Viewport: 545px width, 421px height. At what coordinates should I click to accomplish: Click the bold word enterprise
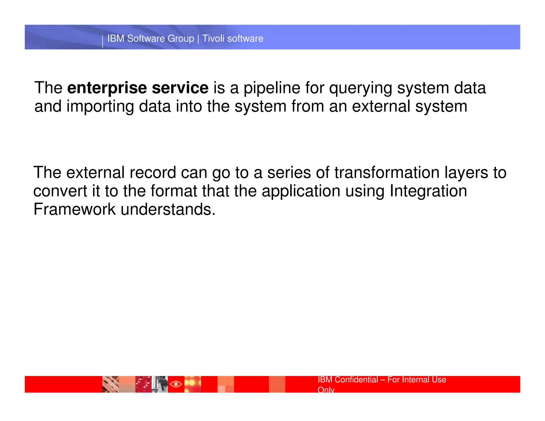point(107,88)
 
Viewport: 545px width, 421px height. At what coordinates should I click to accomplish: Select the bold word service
point(180,88)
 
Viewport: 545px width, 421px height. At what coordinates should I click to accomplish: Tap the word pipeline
point(272,88)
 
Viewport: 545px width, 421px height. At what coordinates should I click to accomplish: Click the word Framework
point(75,209)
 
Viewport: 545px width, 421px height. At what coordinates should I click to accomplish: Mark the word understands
point(168,209)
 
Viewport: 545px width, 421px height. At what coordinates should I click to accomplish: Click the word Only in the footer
point(326,390)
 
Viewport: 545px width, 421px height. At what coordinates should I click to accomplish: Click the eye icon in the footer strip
point(176,384)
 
